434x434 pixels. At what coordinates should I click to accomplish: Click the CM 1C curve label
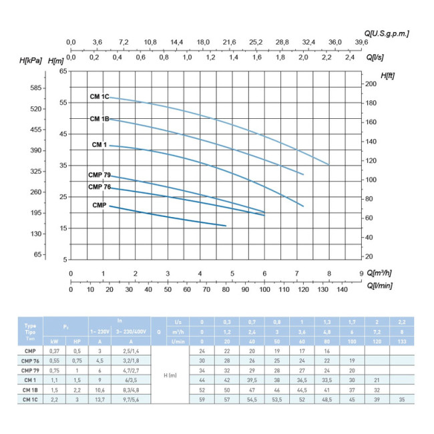point(99,97)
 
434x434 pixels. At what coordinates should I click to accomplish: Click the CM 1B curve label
point(99,119)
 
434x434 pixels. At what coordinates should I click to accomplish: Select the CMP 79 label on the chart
point(99,175)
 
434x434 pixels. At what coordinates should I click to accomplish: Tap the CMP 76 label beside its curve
point(99,187)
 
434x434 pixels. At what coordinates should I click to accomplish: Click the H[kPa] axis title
point(31,61)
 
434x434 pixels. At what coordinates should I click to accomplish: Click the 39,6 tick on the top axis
point(361,42)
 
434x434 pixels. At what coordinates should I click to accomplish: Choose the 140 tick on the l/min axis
point(342,290)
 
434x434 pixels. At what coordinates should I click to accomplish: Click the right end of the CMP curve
point(226,226)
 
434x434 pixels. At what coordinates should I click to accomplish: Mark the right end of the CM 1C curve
point(329,164)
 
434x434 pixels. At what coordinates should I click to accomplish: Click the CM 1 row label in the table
point(29,379)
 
